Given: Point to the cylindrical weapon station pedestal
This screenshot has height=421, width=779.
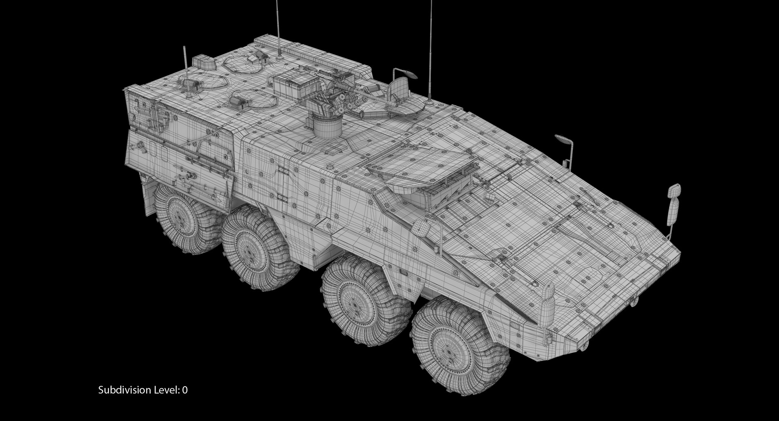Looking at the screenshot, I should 327,126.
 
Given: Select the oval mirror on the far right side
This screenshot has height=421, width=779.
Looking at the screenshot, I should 562,140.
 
